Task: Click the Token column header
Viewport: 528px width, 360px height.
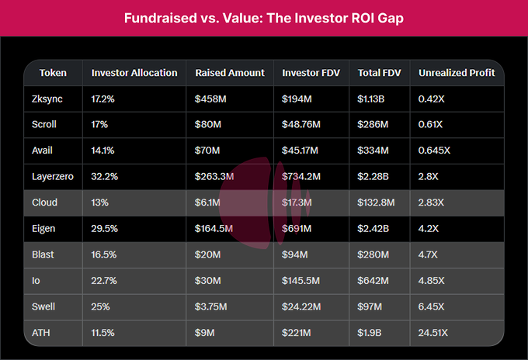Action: pos(53,73)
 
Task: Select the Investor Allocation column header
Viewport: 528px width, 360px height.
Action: pos(134,73)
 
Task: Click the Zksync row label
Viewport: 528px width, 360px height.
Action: pos(43,98)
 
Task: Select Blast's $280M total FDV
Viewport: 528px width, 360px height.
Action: pos(373,254)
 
